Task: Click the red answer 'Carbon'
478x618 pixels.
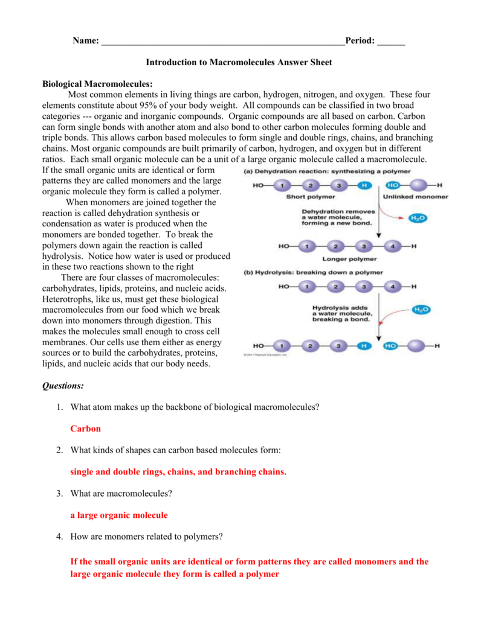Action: click(85, 428)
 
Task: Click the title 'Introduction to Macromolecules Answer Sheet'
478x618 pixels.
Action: click(239, 62)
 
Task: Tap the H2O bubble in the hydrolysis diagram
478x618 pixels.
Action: click(421, 309)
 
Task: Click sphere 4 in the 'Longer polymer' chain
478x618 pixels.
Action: click(392, 246)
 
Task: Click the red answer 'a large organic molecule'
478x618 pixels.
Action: click(119, 515)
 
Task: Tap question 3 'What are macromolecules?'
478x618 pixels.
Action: click(121, 494)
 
